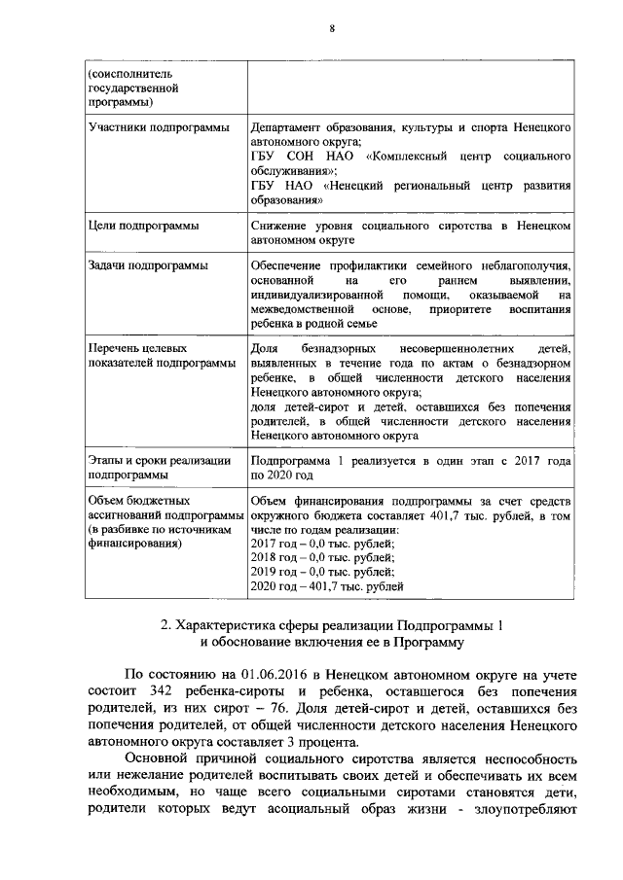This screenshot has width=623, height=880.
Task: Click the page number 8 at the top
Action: point(331,29)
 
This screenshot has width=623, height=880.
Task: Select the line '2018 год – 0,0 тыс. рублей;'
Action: point(322,557)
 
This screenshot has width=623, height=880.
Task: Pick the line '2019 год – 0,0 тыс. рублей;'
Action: point(322,572)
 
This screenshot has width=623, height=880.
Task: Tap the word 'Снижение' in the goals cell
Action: point(278,226)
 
